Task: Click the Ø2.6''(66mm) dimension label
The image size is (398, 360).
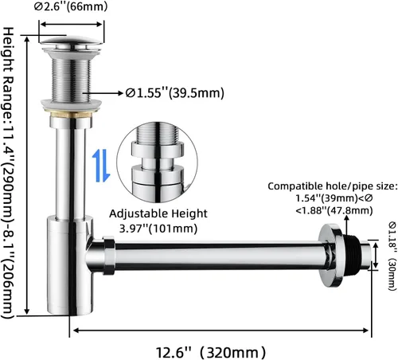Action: coord(71,6)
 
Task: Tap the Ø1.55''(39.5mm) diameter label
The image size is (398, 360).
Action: coord(175,93)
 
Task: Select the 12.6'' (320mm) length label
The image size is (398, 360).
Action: coord(210,353)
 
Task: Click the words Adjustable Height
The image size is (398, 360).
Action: coord(158,213)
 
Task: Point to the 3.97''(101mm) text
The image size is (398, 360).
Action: coord(158,229)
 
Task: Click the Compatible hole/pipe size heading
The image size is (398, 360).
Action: coord(333,186)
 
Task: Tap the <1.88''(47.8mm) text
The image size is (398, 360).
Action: coord(334,210)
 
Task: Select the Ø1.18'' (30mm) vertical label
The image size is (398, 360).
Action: coord(392,256)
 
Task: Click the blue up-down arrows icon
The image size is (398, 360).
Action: coord(101,166)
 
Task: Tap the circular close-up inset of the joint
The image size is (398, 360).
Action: coord(157,162)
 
